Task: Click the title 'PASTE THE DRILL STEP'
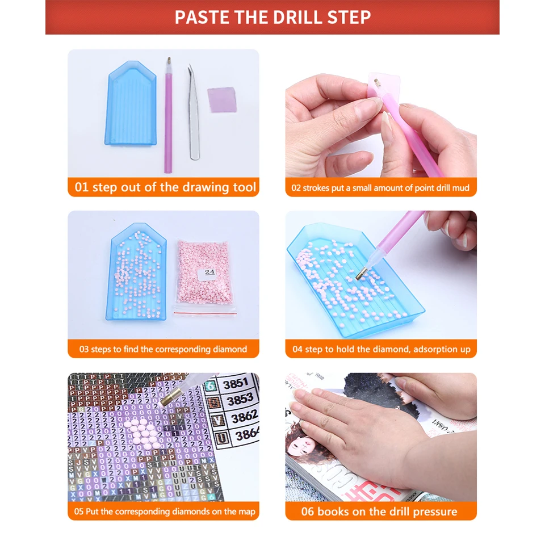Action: click(x=272, y=17)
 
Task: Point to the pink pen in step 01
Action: click(x=168, y=114)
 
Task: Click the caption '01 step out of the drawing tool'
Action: click(x=165, y=187)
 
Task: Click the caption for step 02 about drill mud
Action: click(x=381, y=188)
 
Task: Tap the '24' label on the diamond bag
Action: click(x=209, y=272)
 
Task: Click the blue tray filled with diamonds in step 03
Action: click(x=136, y=278)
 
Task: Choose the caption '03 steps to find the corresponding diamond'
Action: click(x=163, y=349)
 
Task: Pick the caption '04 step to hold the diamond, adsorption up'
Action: click(x=381, y=349)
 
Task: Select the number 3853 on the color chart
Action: click(x=239, y=400)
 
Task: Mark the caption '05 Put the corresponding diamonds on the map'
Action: click(x=163, y=512)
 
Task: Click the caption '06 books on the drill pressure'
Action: click(x=381, y=512)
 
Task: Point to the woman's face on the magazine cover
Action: click(x=303, y=446)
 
